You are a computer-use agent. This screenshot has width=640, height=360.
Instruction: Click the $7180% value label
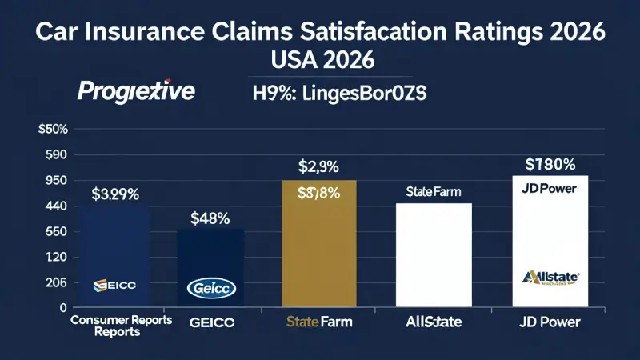(x=550, y=166)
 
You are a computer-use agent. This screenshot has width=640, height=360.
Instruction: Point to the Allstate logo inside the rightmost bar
(x=550, y=278)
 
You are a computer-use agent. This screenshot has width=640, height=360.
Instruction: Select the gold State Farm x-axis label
(x=318, y=324)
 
